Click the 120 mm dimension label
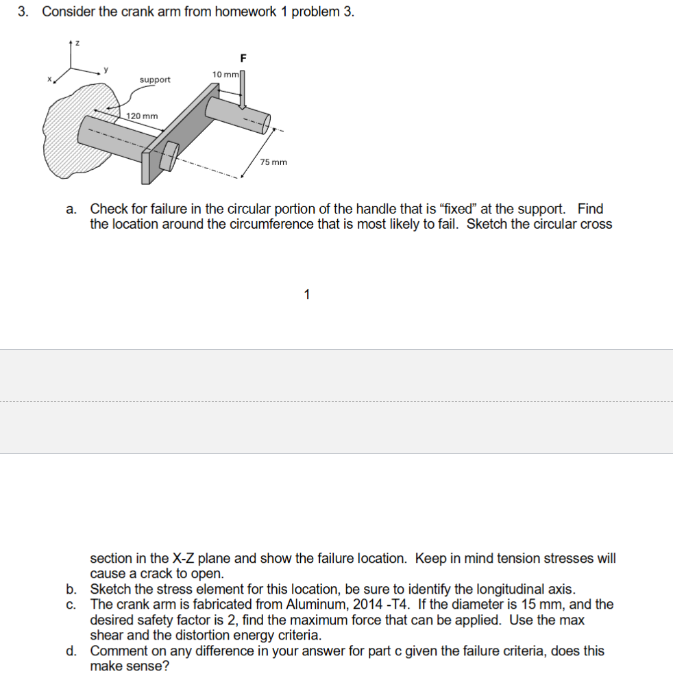pos(142,116)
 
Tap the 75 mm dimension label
pos(273,162)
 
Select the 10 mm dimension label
pos(224,74)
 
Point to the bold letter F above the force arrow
pos(242,57)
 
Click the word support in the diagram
pos(155,80)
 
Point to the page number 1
pos(306,294)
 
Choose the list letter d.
pos(71,651)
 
